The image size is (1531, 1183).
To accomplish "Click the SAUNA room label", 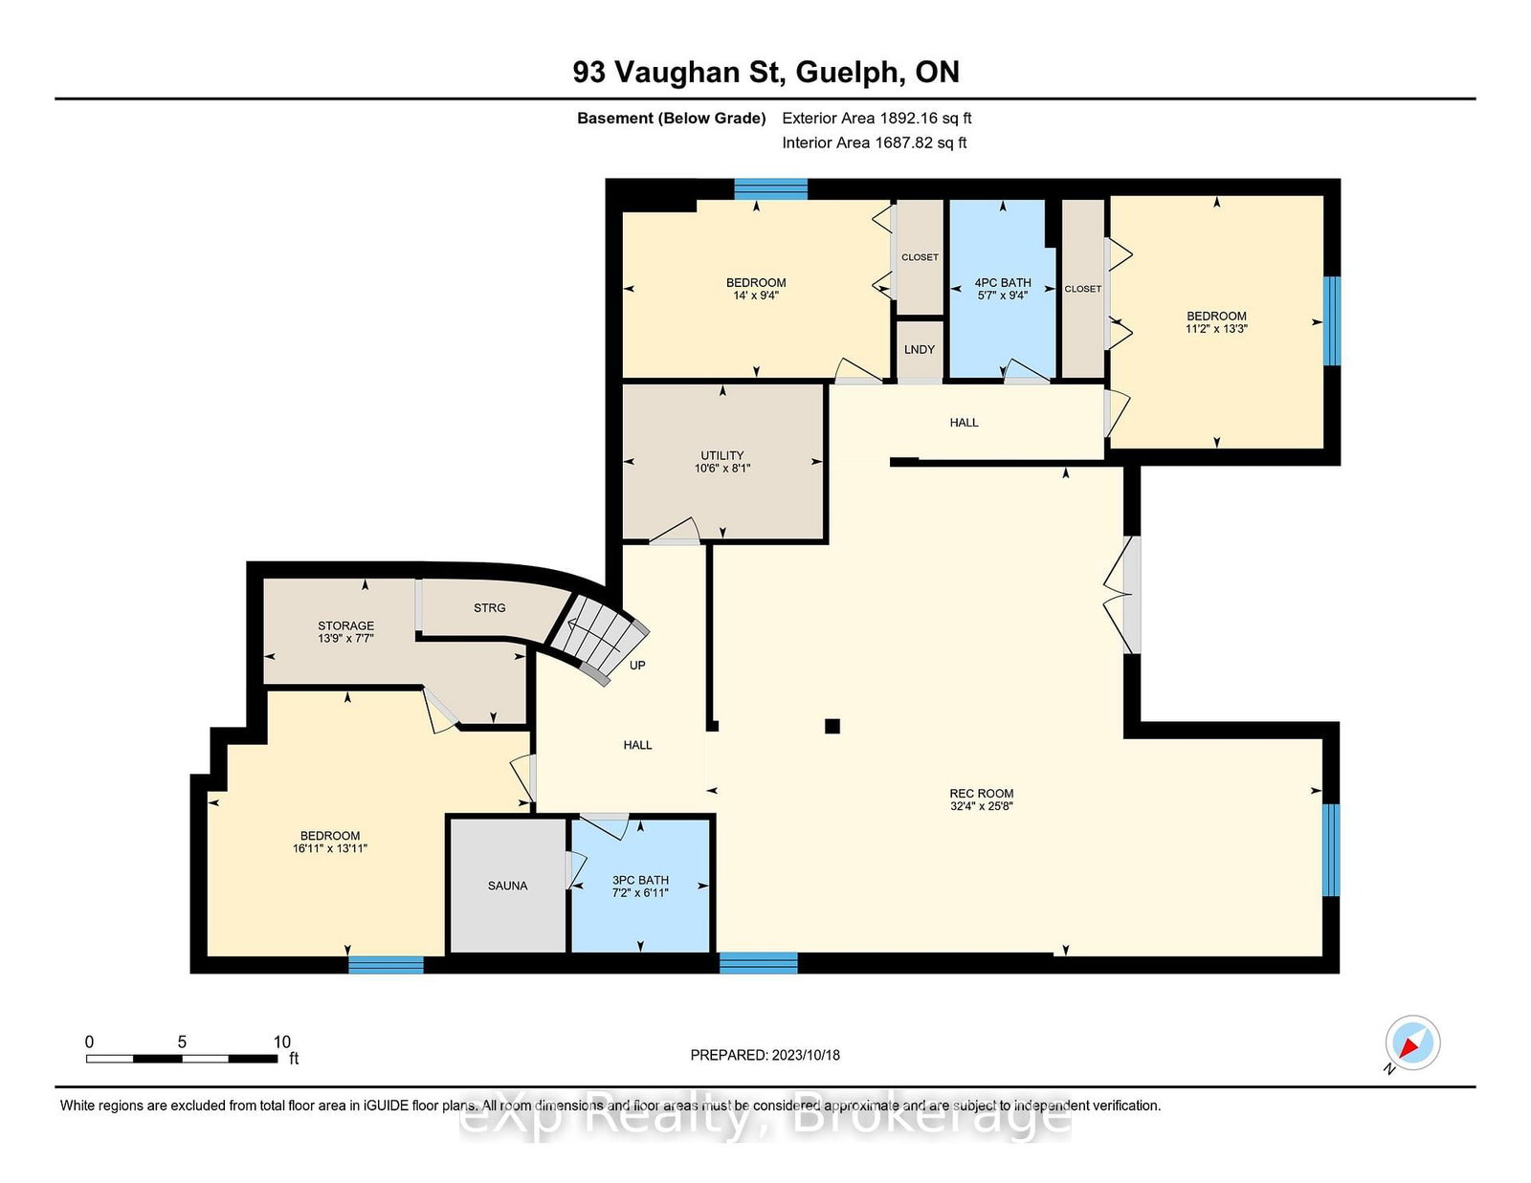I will tap(507, 886).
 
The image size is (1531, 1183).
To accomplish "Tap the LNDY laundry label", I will tap(919, 350).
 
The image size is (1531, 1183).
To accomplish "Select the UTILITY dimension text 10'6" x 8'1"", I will tap(722, 469).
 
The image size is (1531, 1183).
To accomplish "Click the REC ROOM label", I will tap(981, 793).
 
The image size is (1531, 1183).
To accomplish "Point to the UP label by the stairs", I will tap(637, 666).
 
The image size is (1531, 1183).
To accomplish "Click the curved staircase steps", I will tap(598, 635).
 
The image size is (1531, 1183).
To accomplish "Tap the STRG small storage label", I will tap(489, 608).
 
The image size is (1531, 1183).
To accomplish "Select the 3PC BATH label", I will tap(640, 880).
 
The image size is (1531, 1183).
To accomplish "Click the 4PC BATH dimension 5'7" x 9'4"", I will tap(1002, 296).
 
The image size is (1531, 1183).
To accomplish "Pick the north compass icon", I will tap(1412, 1043).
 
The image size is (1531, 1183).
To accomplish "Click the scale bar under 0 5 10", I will tap(182, 1059).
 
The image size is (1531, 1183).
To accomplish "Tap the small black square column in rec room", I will tap(832, 726).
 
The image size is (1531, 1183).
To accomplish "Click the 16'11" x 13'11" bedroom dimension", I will tap(330, 848).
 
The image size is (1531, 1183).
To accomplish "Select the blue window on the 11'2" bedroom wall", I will tap(1331, 321).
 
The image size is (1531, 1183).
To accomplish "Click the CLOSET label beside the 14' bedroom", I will tap(920, 257).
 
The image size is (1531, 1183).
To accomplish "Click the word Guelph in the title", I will tap(848, 73).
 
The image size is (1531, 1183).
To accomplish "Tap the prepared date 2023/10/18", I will tap(805, 1055).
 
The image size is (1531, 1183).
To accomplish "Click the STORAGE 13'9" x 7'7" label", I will tap(345, 631).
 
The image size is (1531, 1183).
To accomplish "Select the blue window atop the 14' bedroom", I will tap(770, 188).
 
